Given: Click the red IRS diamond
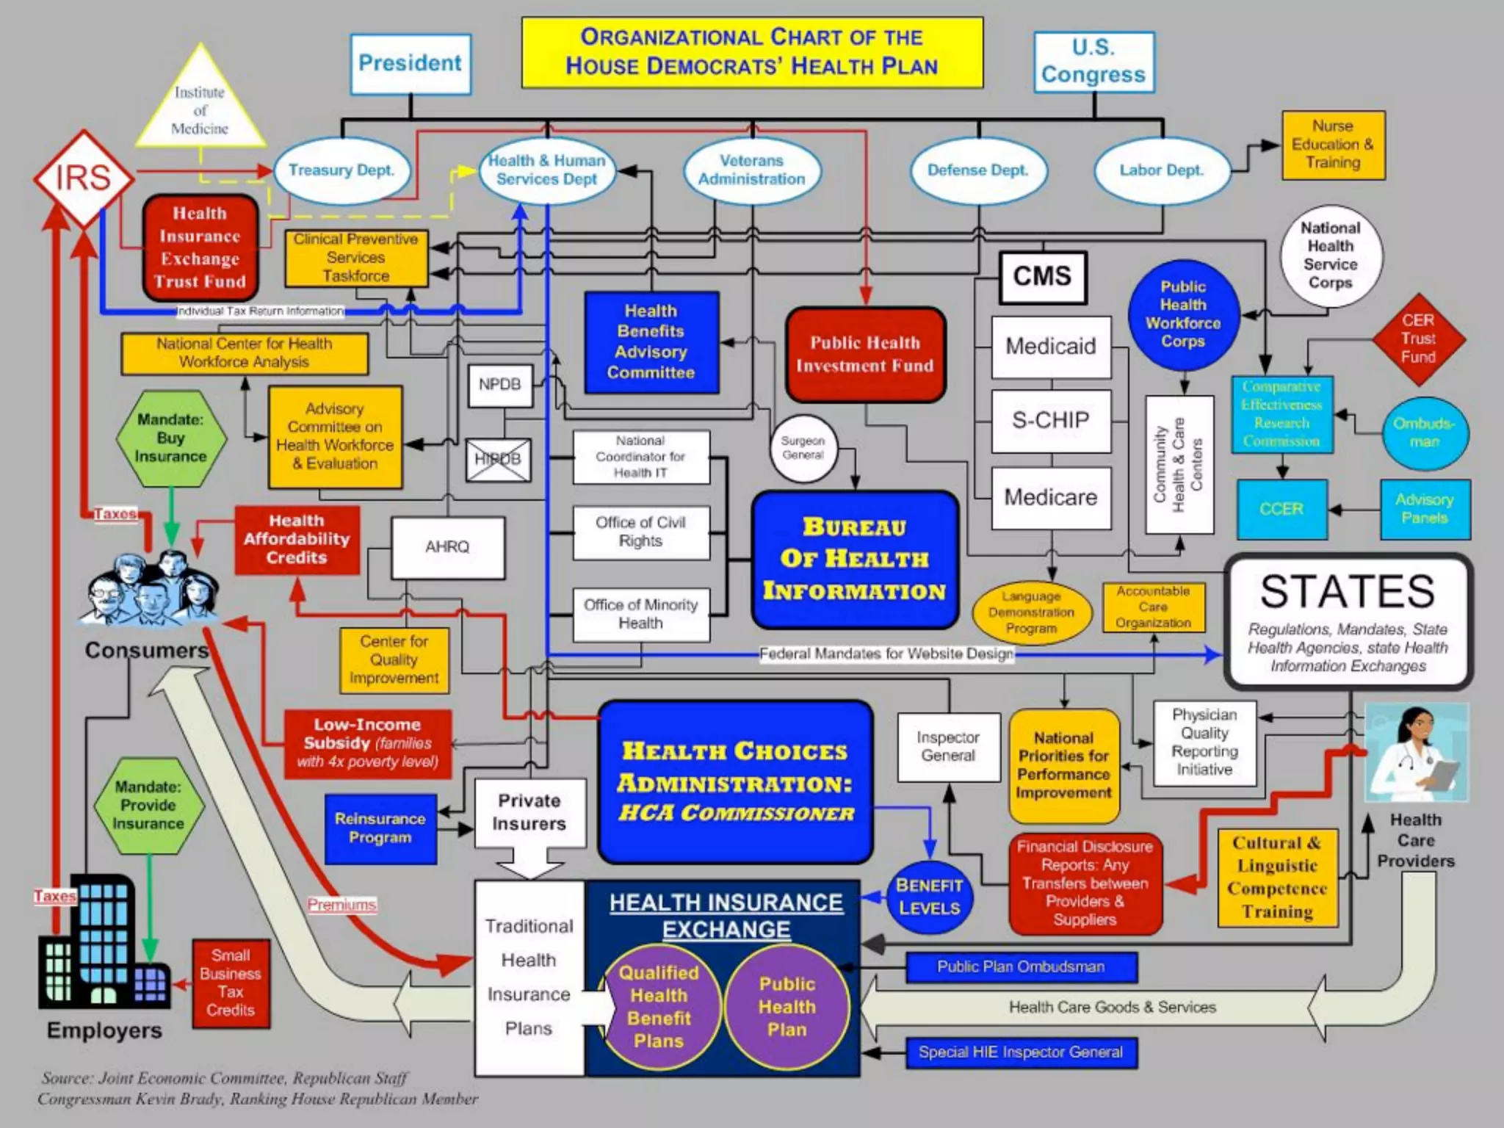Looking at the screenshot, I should [83, 178].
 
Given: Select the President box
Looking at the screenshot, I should [410, 64].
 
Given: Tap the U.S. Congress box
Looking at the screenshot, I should [1093, 62].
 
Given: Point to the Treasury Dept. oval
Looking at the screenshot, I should [341, 170].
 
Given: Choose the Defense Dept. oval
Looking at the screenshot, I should [977, 170].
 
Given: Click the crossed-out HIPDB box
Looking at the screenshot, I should [498, 460].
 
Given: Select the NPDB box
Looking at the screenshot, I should [499, 384].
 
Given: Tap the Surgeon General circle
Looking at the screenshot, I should [803, 449].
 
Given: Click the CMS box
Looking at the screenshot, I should [1042, 277].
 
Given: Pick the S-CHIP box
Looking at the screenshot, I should [1050, 421].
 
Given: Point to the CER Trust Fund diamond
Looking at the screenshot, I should [1417, 339].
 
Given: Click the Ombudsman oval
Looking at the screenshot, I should [1423, 433].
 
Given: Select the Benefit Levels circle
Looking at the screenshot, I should [929, 897].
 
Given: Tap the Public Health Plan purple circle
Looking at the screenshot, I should [787, 1007].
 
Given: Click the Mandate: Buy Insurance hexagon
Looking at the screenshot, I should [170, 438].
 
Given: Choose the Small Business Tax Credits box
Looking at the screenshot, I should [231, 983].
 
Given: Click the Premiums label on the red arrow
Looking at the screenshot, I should [341, 905].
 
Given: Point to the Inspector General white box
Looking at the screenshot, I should [948, 747].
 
